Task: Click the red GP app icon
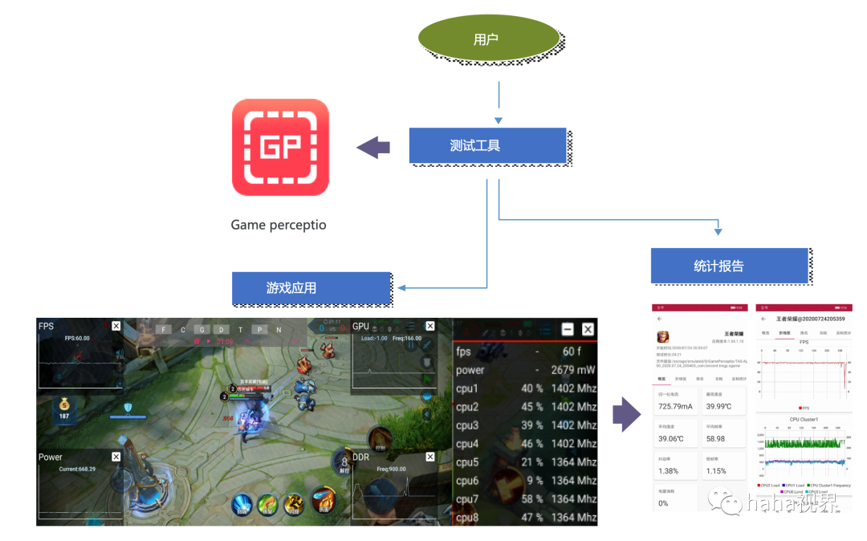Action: (x=280, y=148)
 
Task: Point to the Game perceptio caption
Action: (x=279, y=225)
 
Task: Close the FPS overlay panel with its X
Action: (x=116, y=326)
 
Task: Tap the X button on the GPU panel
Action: (x=430, y=326)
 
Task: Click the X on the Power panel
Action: (x=116, y=457)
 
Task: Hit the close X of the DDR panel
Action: (x=430, y=457)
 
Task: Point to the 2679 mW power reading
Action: (x=573, y=370)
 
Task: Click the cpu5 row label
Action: (x=467, y=462)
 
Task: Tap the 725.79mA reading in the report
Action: (x=675, y=406)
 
